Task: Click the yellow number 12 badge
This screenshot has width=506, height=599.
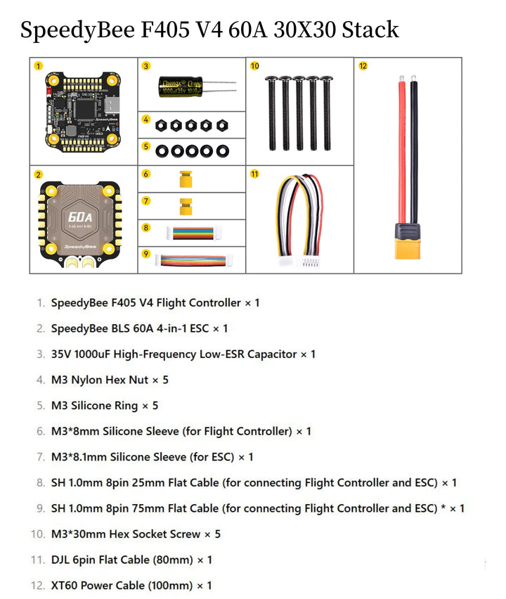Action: (363, 66)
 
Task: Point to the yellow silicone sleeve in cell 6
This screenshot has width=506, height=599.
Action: (186, 179)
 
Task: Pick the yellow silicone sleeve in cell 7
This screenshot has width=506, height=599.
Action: (186, 206)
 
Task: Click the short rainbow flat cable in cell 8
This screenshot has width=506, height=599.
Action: (191, 232)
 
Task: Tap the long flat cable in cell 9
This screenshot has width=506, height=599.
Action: (192, 259)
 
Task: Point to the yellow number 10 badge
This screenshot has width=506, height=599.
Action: (254, 66)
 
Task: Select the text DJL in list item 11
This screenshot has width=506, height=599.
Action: (62, 560)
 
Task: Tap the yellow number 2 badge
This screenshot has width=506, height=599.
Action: (38, 174)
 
